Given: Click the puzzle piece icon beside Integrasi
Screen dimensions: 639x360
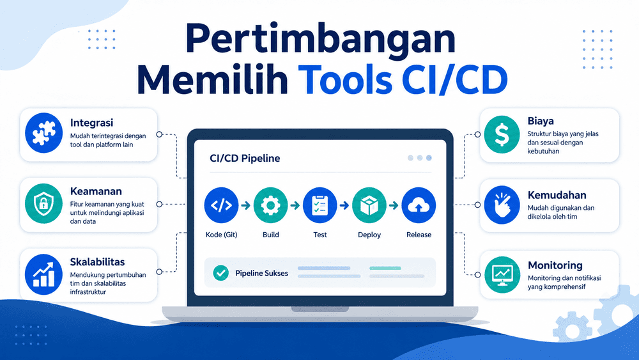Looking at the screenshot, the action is coord(43,133).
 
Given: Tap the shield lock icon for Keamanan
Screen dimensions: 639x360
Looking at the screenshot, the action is coord(43,203).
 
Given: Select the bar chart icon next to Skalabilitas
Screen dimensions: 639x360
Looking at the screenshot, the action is coord(43,274).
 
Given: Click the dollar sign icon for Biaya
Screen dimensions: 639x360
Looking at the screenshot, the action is coord(502,134).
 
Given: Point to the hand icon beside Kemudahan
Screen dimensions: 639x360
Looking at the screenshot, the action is coord(502,205).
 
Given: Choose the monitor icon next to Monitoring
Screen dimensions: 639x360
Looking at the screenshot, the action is coord(502,274).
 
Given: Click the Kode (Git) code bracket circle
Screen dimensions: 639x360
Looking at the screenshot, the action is coord(221,205).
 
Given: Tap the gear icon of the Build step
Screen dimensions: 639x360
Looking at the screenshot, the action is coord(270,205).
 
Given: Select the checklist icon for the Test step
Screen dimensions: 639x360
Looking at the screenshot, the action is coord(320,205).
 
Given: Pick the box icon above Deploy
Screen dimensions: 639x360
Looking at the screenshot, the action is coord(369,205).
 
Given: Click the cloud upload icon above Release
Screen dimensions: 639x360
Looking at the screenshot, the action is coord(419,205).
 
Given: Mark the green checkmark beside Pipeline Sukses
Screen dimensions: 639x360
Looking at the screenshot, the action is coord(221,273).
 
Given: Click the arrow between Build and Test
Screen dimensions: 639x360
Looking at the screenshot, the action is coord(295,205).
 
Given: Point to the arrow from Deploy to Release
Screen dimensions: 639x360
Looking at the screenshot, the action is coord(394,205).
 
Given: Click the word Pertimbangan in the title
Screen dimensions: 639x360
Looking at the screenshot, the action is coord(320,40).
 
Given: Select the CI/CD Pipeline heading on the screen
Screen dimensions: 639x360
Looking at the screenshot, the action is coord(245,158).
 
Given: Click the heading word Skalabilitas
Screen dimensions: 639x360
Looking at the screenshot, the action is coord(97,262).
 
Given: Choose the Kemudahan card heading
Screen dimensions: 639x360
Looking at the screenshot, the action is coord(557,195).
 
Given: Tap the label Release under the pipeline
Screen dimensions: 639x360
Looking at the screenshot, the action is coord(419,235).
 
